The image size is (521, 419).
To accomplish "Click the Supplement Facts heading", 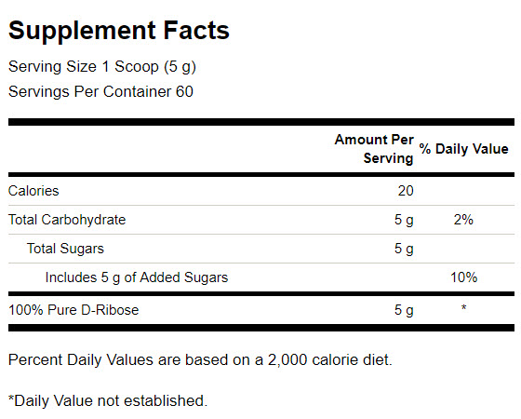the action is pyautogui.click(x=119, y=31).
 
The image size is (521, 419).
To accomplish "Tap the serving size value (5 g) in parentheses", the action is pyautogui.click(x=180, y=67).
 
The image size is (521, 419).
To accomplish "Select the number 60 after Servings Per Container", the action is pyautogui.click(x=184, y=91).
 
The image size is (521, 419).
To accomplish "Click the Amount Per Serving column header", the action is pyautogui.click(x=374, y=149).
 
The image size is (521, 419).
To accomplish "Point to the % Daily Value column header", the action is pyautogui.click(x=464, y=149).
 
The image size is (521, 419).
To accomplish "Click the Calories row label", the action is pyautogui.click(x=33, y=191).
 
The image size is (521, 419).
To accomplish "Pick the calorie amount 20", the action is pyautogui.click(x=406, y=191).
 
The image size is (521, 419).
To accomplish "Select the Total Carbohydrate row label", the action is pyautogui.click(x=67, y=220).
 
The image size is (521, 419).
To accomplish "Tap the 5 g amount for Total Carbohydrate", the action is pyautogui.click(x=404, y=220).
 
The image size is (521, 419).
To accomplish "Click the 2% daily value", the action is pyautogui.click(x=463, y=220).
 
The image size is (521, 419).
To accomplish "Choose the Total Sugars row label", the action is pyautogui.click(x=65, y=249).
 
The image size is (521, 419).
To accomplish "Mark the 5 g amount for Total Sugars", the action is pyautogui.click(x=404, y=250).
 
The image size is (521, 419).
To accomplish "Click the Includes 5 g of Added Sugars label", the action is pyautogui.click(x=137, y=277).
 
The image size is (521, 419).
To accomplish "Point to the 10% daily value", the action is pyautogui.click(x=464, y=277).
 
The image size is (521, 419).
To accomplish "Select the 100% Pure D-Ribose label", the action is pyautogui.click(x=73, y=310).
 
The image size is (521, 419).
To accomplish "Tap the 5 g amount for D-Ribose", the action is pyautogui.click(x=404, y=310).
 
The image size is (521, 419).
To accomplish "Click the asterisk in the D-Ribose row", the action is pyautogui.click(x=463, y=307).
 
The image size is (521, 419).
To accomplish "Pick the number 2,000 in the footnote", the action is pyautogui.click(x=287, y=360).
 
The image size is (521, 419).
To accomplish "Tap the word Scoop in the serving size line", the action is pyautogui.click(x=137, y=66).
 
